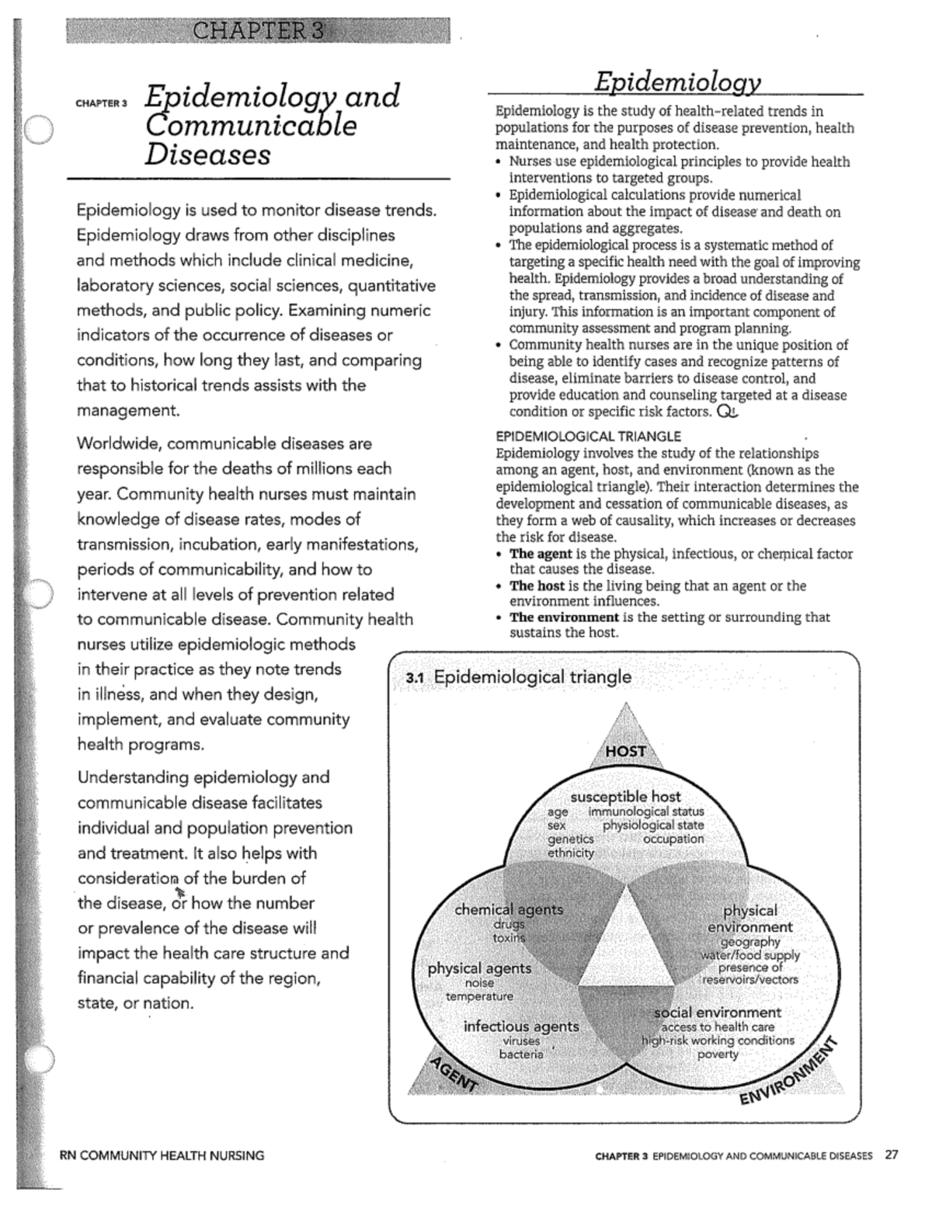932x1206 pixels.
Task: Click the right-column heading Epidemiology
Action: pos(677,81)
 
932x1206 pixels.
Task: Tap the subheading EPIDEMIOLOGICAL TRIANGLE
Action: pos(588,436)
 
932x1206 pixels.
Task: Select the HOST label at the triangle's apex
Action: pos(625,751)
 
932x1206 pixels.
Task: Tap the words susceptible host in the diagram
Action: pos(625,797)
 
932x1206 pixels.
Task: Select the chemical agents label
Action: pos(509,909)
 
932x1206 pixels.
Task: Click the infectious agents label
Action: pos(521,1027)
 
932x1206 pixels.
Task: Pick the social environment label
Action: pos(717,1013)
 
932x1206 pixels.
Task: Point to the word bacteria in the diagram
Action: pos(521,1055)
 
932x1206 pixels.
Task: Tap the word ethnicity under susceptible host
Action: pos(571,853)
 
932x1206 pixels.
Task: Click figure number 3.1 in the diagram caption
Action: pos(416,678)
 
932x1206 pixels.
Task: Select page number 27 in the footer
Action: pos(891,1155)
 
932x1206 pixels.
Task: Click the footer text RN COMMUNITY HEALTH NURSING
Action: pos(162,1156)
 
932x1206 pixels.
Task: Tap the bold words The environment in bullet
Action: pos(564,617)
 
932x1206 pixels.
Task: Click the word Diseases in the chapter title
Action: pos(207,154)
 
